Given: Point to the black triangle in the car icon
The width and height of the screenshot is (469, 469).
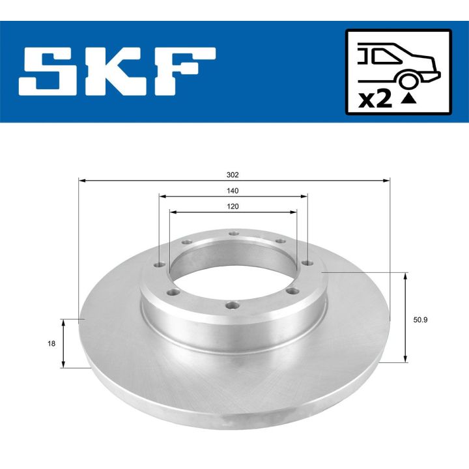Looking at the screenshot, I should pos(408,99).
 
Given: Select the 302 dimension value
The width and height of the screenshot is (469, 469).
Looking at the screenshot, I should pos(233,175).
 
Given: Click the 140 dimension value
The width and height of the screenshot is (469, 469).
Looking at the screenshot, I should pos(233,191).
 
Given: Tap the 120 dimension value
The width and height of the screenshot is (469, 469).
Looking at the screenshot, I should pos(233,206).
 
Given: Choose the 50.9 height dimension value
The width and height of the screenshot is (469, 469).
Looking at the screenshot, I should pos(421,319).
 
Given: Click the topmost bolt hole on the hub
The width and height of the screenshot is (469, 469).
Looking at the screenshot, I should pos(233,235).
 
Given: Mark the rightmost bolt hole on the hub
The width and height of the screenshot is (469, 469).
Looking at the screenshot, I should pos(306,263).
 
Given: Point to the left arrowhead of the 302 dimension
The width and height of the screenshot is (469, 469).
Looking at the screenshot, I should pos(81,180).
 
